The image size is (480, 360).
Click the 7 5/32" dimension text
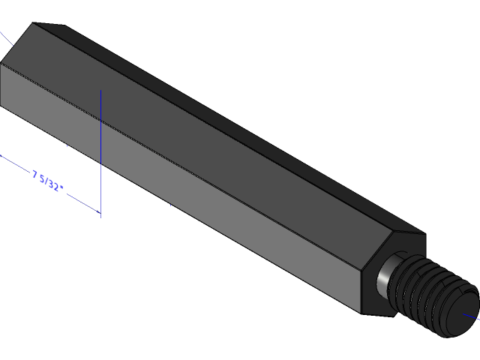click(46, 181)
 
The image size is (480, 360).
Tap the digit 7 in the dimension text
click(35, 175)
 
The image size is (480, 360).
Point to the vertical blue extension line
click(100, 150)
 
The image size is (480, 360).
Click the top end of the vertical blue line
click(100, 91)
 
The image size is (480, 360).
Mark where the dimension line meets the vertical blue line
click(100, 212)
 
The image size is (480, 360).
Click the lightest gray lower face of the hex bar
click(187, 210)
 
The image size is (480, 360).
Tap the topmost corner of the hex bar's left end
click(34, 23)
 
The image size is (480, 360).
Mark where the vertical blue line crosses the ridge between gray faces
click(100, 118)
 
